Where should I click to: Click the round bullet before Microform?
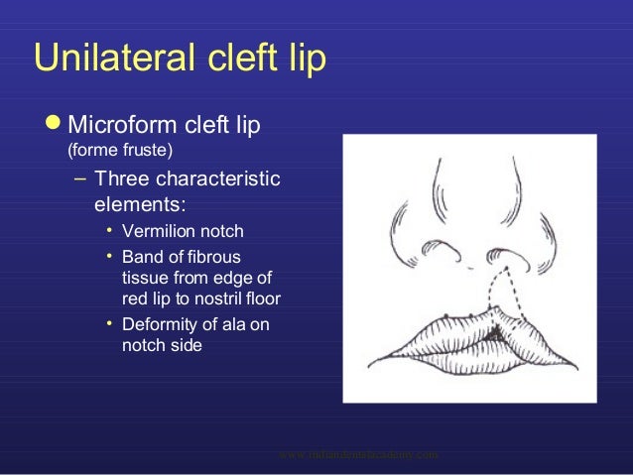pyautogui.click(x=49, y=126)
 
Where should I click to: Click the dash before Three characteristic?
pyautogui.click(x=79, y=181)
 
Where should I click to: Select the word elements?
pyautogui.click(x=139, y=206)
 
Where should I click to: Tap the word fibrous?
pyautogui.click(x=226, y=256)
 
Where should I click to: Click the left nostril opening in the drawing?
pyautogui.click(x=432, y=261)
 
